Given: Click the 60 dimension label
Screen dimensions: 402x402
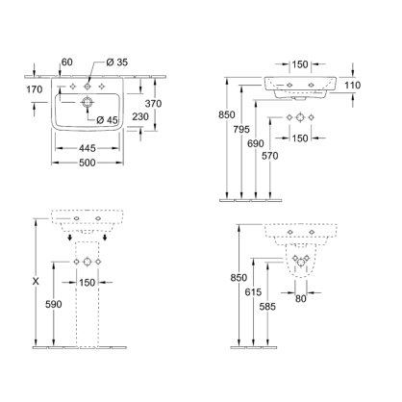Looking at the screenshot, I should click(x=65, y=63).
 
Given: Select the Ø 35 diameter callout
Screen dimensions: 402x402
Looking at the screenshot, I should click(x=117, y=63).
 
